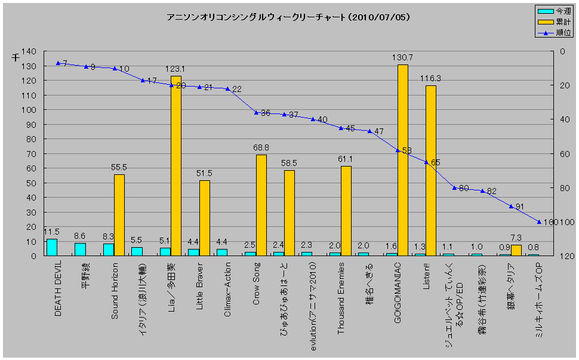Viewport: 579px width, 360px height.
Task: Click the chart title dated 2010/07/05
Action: point(288,17)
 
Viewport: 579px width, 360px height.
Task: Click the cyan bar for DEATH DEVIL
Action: point(52,247)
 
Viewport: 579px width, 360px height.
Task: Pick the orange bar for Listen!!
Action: point(431,171)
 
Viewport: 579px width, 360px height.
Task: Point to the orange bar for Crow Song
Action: point(261,205)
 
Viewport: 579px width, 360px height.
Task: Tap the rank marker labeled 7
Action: point(58,63)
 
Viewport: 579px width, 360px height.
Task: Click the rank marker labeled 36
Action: point(256,112)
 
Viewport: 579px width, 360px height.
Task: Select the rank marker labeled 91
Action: point(511,206)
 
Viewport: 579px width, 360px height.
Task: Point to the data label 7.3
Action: point(516,238)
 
